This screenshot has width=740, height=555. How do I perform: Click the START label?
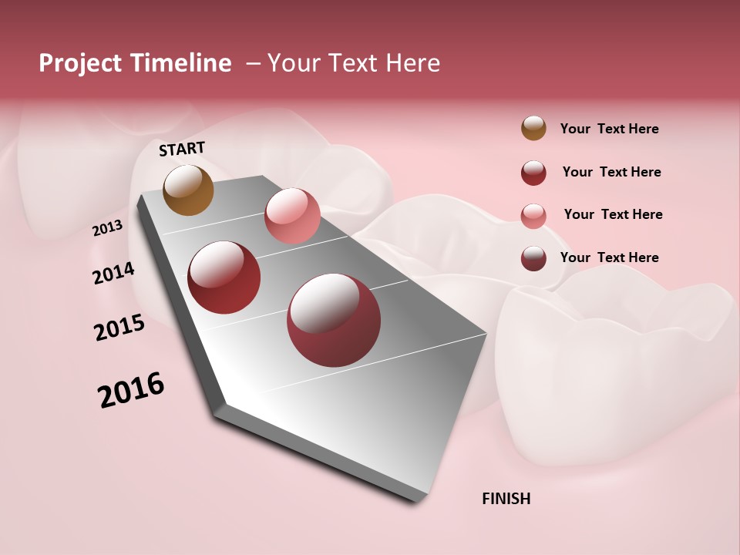[x=182, y=149]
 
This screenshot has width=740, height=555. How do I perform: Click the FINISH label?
[x=506, y=499]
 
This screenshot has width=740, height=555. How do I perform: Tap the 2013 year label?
[x=107, y=228]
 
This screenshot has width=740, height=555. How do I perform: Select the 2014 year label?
[x=113, y=274]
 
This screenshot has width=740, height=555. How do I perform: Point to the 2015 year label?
[x=119, y=328]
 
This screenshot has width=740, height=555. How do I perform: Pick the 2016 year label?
[x=131, y=391]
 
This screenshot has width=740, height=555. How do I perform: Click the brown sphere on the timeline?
[x=189, y=190]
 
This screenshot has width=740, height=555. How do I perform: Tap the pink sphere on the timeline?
[x=292, y=216]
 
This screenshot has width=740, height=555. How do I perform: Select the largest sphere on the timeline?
[x=334, y=320]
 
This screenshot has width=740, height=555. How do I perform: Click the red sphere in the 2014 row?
[x=224, y=277]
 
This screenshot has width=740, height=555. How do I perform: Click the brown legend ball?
[x=533, y=129]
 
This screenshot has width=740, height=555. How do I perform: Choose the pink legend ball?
[x=533, y=215]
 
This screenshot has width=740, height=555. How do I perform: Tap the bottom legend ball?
[x=533, y=258]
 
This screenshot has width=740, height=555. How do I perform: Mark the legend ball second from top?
[x=533, y=173]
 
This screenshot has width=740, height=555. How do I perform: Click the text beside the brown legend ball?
[x=609, y=129]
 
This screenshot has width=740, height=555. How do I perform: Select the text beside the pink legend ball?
[x=613, y=214]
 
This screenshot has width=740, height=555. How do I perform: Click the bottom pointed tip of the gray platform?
[x=416, y=503]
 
